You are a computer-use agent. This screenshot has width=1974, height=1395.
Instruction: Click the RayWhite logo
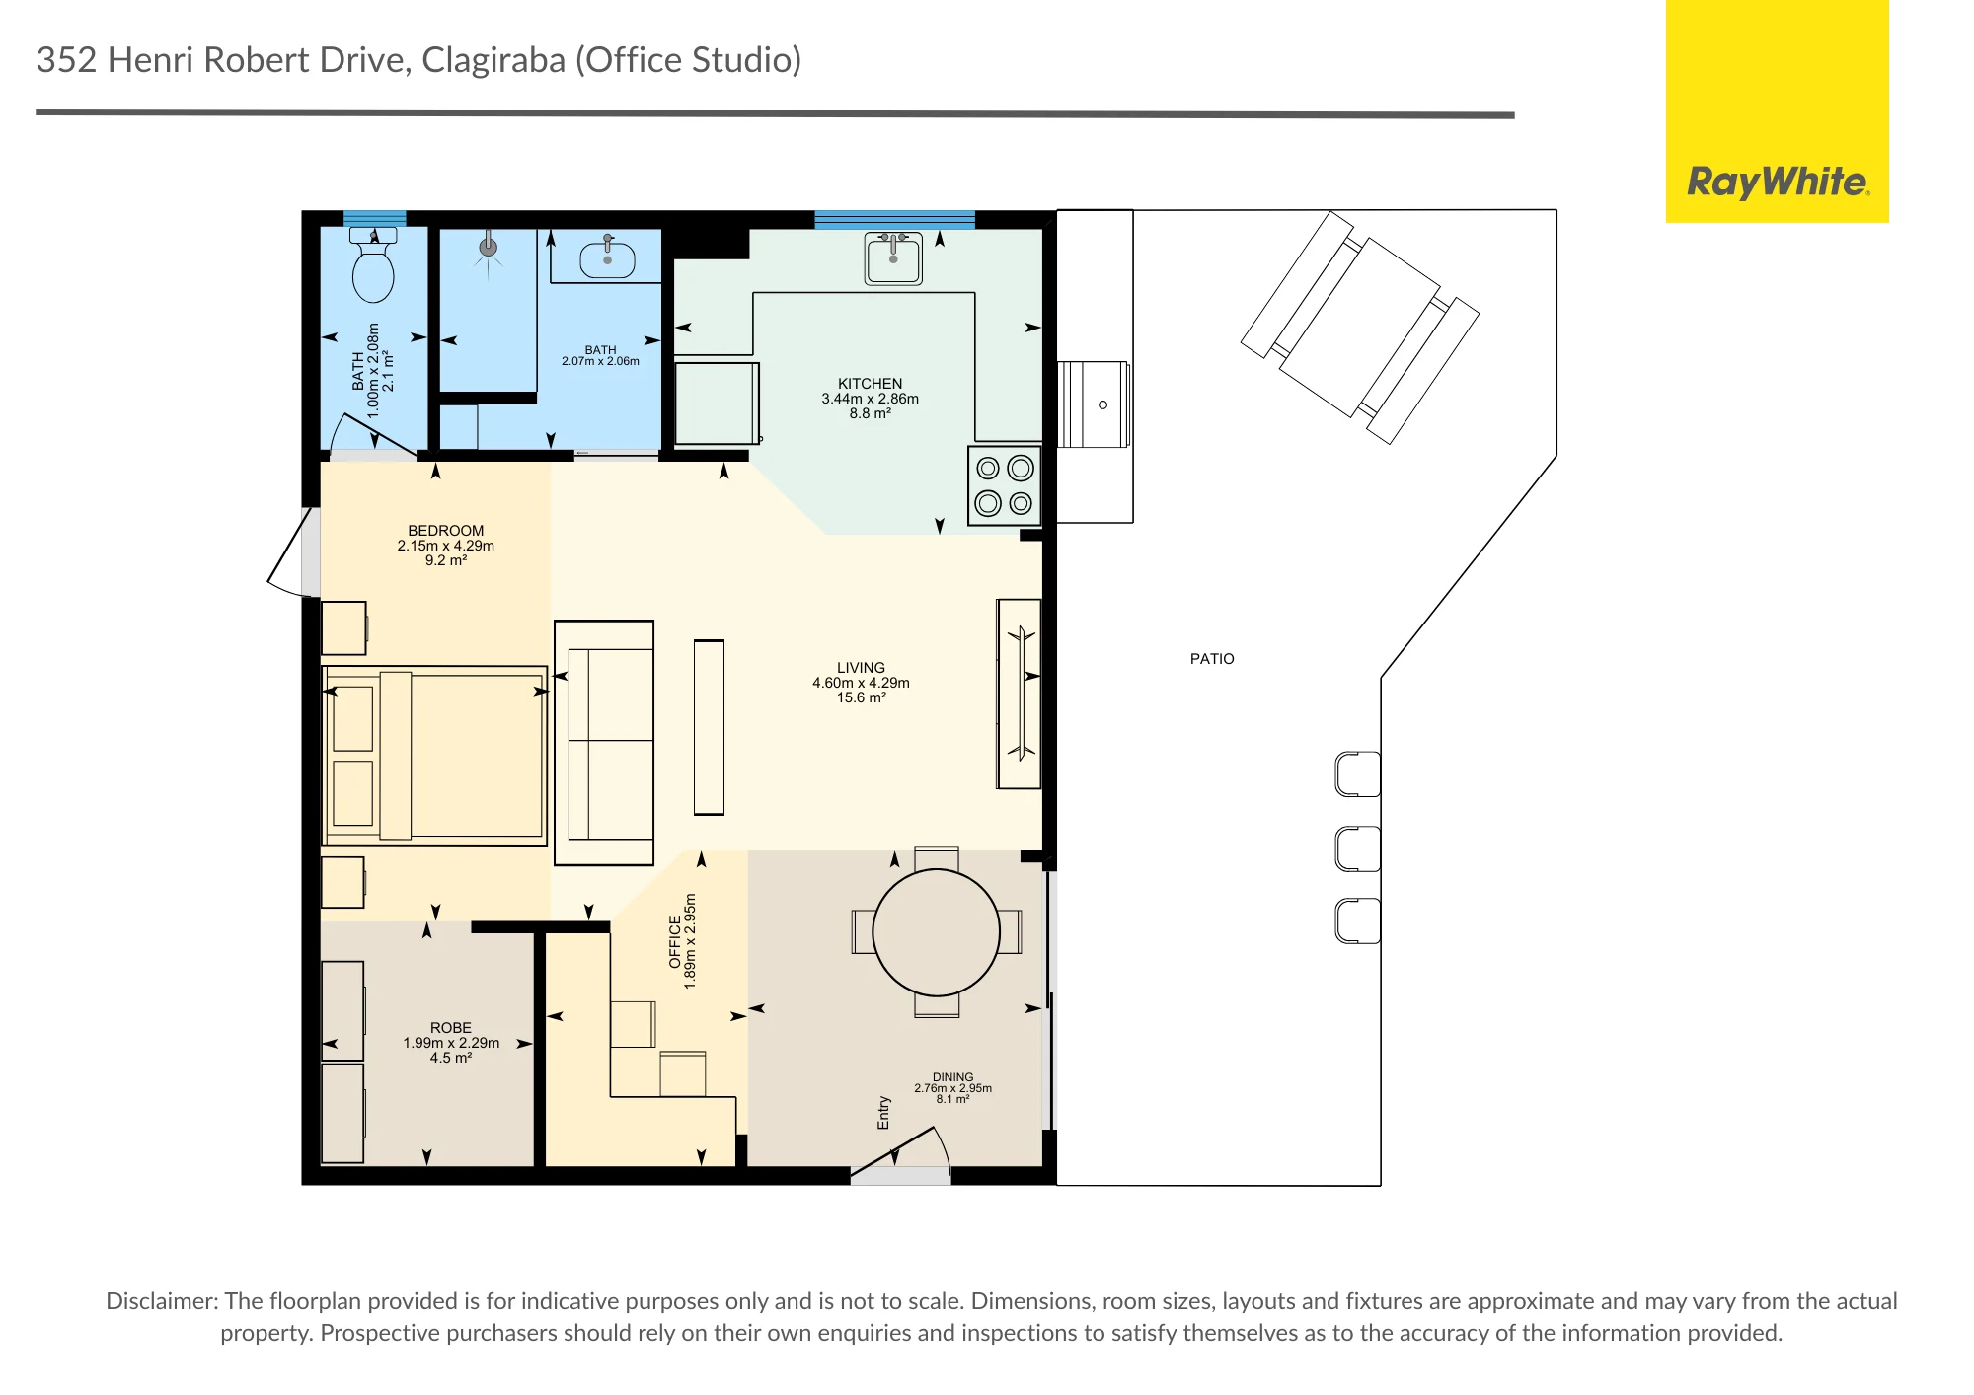1778,182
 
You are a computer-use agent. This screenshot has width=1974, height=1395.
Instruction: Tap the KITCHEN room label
870,384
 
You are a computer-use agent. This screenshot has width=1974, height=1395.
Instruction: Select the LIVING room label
861,668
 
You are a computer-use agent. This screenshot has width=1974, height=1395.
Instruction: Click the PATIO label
1212,659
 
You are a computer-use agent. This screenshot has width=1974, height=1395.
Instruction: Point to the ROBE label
451,1028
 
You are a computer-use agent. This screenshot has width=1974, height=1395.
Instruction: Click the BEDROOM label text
446,531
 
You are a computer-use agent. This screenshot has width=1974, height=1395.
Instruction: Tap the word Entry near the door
883,1112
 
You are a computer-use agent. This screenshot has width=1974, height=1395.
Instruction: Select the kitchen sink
893,258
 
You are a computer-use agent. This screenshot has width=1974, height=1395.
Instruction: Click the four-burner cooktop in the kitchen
1005,485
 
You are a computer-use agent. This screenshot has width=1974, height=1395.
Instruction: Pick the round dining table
937,932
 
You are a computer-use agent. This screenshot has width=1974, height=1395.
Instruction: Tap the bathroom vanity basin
607,258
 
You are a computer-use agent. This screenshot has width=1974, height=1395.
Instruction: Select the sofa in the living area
604,743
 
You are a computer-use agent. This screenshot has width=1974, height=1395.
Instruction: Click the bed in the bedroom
434,756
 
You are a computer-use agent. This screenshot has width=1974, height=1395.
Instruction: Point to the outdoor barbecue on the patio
1094,404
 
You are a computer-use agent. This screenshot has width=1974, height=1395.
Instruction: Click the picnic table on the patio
1360,328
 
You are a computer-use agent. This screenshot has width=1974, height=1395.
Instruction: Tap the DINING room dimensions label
952,1088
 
